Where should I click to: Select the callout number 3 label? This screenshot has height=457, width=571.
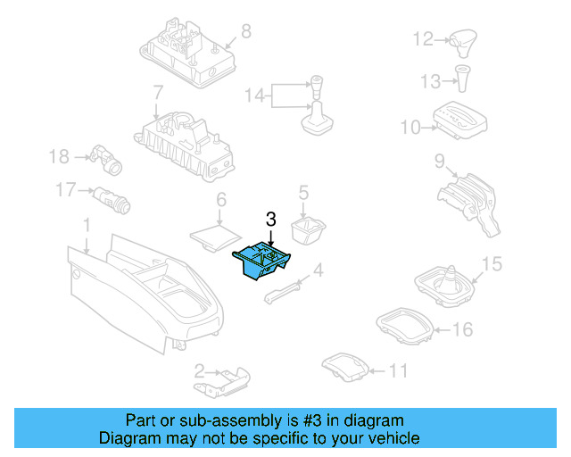[271, 218]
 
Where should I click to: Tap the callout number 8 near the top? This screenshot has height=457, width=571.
[246, 30]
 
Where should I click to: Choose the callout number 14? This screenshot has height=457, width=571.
[254, 95]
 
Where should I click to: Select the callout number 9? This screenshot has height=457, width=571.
[440, 161]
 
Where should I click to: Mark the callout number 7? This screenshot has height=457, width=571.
[157, 92]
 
